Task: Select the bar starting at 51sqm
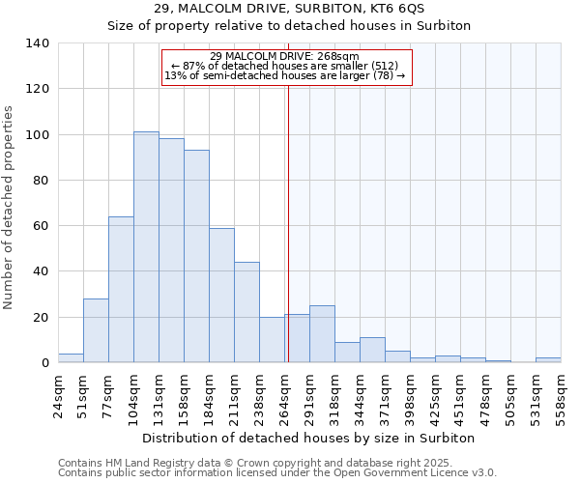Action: [x=96, y=330]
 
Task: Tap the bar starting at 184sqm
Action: [x=221, y=296]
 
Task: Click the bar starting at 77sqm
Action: [x=121, y=290]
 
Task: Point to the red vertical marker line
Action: [x=288, y=222]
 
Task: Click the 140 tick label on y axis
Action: [x=38, y=43]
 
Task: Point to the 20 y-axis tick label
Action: [x=42, y=318]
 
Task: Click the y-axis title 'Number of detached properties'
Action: [x=9, y=208]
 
